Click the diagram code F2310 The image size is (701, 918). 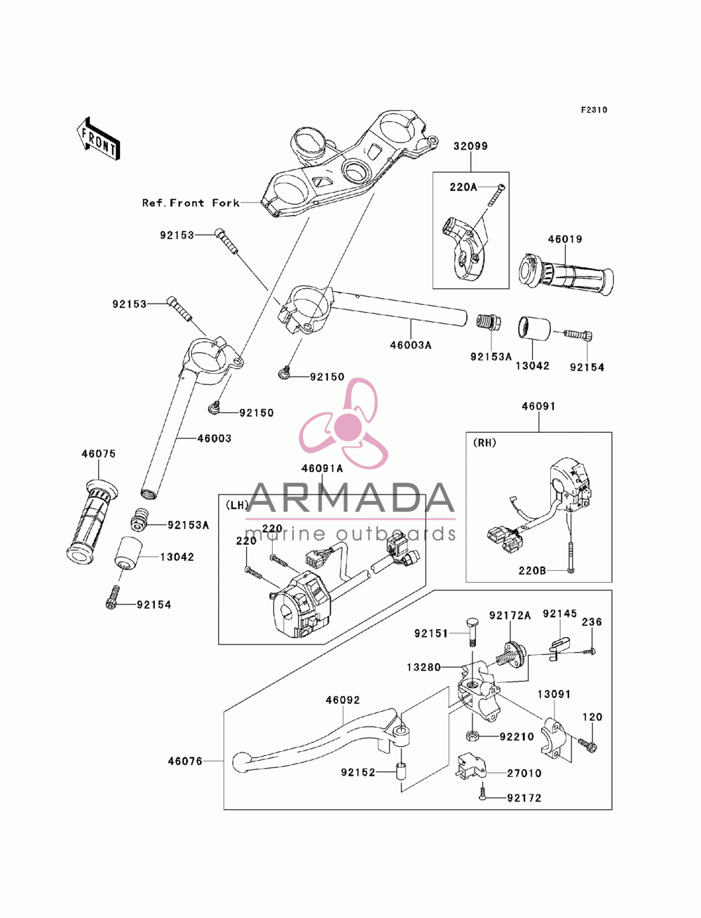pyautogui.click(x=594, y=110)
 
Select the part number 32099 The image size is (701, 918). pyautogui.click(x=470, y=146)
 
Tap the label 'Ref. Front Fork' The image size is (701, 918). pyautogui.click(x=191, y=203)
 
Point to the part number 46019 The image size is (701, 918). pyautogui.click(x=565, y=239)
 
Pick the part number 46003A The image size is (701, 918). pyautogui.click(x=411, y=345)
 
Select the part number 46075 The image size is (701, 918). pyautogui.click(x=99, y=454)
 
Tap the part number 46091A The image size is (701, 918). pyautogui.click(x=322, y=468)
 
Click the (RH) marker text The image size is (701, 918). pyautogui.click(x=484, y=443)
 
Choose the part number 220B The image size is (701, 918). pyautogui.click(x=532, y=570)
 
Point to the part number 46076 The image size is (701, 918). pyautogui.click(x=185, y=761)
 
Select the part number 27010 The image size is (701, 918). pyautogui.click(x=524, y=774)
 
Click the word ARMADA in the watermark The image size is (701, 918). pyautogui.click(x=350, y=498)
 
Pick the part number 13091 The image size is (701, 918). pyautogui.click(x=554, y=694)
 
